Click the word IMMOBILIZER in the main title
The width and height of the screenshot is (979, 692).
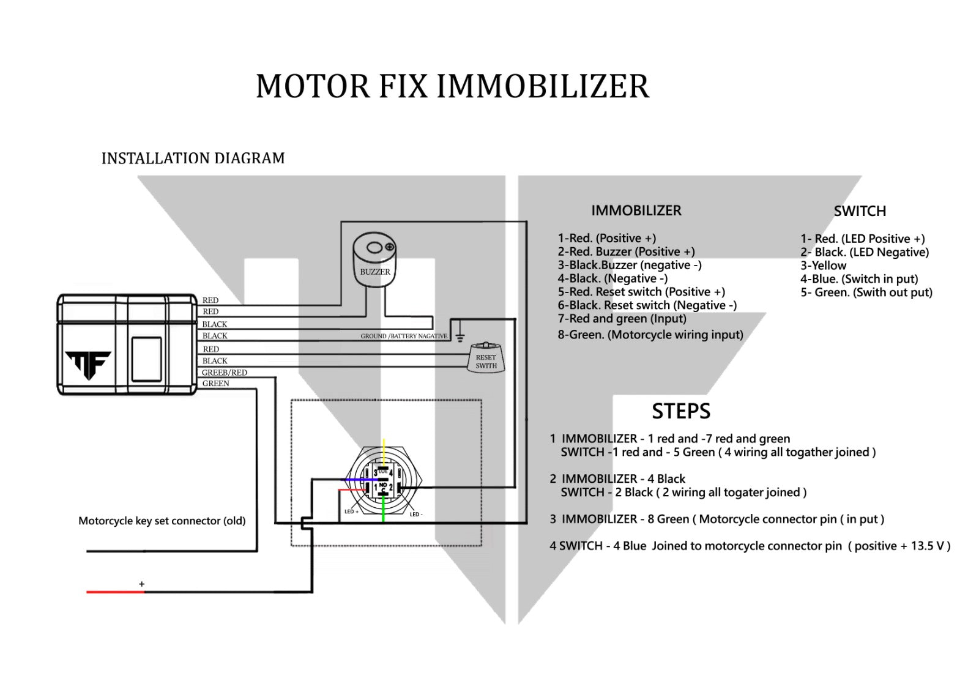pyautogui.click(x=542, y=86)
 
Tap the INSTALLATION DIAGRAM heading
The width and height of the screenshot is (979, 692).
pyautogui.click(x=193, y=158)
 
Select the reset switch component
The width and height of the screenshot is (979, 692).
pyautogui.click(x=486, y=359)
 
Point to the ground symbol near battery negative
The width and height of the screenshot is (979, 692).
pyautogui.click(x=460, y=337)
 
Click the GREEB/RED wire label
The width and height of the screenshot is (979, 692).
pyautogui.click(x=225, y=373)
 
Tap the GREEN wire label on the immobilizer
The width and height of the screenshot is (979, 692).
pyautogui.click(x=215, y=384)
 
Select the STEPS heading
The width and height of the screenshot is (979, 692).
pyautogui.click(x=680, y=411)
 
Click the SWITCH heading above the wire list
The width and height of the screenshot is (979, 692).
pyautogui.click(x=859, y=211)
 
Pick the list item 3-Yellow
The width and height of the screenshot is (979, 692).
pyautogui.click(x=823, y=266)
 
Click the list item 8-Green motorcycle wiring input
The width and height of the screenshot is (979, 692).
pyautogui.click(x=650, y=335)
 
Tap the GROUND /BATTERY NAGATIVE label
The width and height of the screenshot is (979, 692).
pyautogui.click(x=404, y=337)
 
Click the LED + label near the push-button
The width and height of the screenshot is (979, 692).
pyautogui.click(x=351, y=512)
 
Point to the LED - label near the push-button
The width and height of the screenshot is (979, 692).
pyautogui.click(x=416, y=515)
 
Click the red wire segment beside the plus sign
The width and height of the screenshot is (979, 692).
pyautogui.click(x=115, y=592)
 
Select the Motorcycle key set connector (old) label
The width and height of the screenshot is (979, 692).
pyautogui.click(x=162, y=521)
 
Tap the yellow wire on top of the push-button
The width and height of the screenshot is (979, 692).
pyautogui.click(x=384, y=449)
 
